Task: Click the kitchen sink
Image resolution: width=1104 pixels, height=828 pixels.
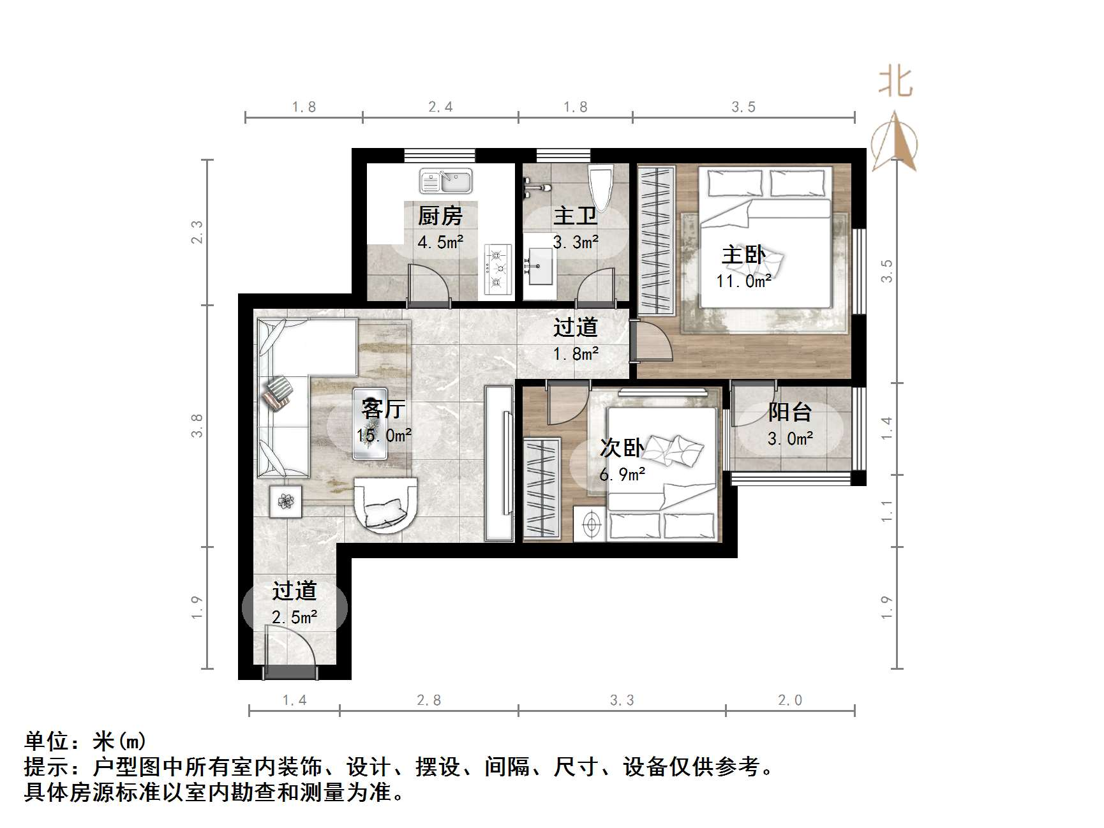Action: coord(445,181)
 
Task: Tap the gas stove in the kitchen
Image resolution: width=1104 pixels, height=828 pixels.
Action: coord(498,269)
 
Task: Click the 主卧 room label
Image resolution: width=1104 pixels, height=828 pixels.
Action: coord(743,255)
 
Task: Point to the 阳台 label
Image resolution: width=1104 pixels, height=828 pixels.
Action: coord(790,412)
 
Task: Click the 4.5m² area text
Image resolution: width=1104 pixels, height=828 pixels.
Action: coord(440,242)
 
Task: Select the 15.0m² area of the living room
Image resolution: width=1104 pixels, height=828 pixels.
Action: coord(384,436)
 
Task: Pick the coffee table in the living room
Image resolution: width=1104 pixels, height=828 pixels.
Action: coord(370,424)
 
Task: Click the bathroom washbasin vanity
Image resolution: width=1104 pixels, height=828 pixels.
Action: coord(539,266)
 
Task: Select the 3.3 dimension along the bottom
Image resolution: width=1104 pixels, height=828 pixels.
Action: coord(622,700)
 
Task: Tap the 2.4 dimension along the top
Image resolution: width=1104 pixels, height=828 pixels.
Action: coord(440,107)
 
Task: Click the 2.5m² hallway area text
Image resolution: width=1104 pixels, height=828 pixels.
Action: coord(294,617)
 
